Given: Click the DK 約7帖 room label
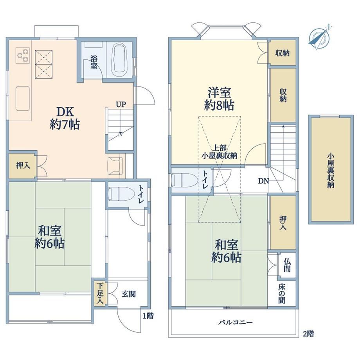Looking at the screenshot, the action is [65, 118].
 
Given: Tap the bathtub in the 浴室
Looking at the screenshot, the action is [119, 59].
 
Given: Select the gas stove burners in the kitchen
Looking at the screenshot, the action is [23, 55].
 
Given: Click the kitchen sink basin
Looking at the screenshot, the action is [23, 99].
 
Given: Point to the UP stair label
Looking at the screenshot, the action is [121, 105].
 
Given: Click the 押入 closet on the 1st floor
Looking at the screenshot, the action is [23, 165].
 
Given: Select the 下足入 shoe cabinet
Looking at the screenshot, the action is [100, 293].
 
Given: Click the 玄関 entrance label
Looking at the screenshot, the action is [129, 294].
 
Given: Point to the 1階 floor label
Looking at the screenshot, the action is [148, 316].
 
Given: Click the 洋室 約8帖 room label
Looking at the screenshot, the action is [219, 99].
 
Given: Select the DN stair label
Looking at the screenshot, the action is [263, 181].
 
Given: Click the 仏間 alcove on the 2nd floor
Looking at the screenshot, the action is [287, 265].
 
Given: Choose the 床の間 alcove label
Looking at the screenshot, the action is [282, 293].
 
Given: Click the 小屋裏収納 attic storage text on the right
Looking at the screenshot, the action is [331, 171].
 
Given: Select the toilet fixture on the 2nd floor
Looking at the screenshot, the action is [185, 180].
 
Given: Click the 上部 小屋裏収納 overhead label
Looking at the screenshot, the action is [219, 152].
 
